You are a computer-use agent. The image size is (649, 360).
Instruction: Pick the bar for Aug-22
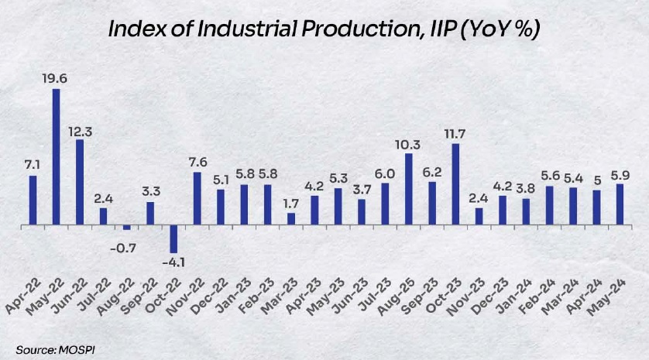(x=126, y=228)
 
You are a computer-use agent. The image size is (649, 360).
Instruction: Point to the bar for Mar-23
(x=291, y=218)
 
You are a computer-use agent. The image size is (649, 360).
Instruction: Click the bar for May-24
(x=620, y=204)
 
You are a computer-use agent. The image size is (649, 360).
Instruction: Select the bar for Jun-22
(x=80, y=182)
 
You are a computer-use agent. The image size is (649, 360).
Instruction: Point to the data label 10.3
(x=408, y=144)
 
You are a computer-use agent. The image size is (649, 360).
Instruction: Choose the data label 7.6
(x=197, y=161)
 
